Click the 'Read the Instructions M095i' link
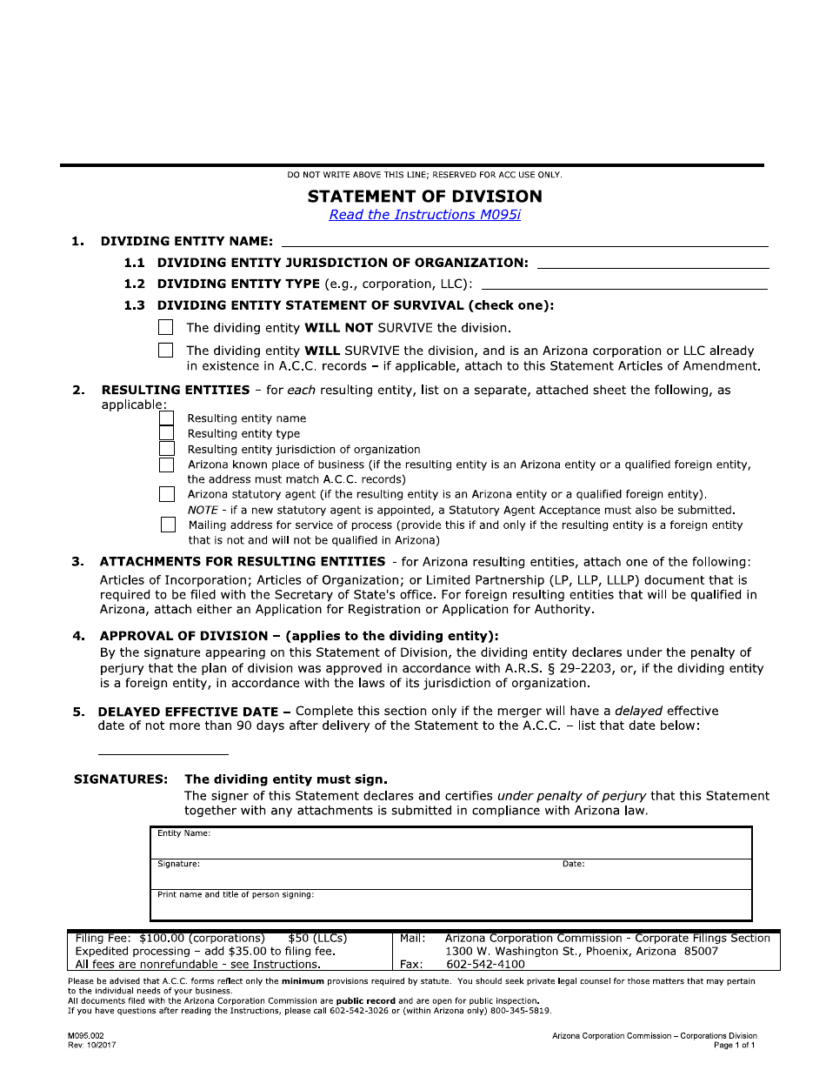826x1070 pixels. coord(424,215)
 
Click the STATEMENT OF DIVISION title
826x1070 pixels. coord(424,197)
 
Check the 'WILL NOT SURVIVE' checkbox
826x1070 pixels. coord(166,328)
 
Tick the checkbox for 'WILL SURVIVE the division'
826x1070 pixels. coord(166,351)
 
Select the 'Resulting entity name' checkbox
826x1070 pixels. coord(166,418)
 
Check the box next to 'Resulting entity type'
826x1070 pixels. coord(166,433)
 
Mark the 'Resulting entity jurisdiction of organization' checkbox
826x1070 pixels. coord(166,449)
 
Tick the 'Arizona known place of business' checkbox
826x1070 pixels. coord(166,465)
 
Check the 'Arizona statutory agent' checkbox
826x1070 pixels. coord(166,494)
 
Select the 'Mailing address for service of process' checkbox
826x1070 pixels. coord(168,525)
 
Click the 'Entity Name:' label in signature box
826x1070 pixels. coord(183,833)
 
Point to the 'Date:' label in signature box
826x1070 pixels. coord(573,864)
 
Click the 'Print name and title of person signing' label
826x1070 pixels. coord(236,894)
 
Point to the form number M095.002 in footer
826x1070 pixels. coord(89,1036)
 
